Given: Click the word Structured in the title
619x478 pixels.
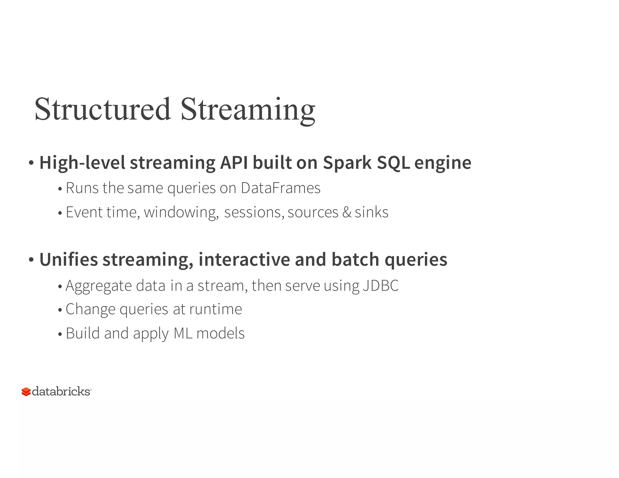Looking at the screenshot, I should [103, 109].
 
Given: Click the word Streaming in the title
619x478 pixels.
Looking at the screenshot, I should [248, 109].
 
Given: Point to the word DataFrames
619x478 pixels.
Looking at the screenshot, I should [280, 188].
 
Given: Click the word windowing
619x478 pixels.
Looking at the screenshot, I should [181, 212].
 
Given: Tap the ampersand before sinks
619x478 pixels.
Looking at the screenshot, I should [347, 212].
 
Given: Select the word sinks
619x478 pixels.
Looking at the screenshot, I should [371, 212].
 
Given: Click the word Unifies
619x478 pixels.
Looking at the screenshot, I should [69, 260].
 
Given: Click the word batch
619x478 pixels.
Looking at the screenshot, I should [355, 260].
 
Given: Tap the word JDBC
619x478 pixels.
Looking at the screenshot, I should [381, 286].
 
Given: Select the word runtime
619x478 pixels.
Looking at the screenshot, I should [216, 309].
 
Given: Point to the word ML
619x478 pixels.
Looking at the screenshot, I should [183, 333].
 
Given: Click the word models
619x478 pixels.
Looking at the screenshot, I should [220, 333].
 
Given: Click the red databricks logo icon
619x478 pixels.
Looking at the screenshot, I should [26, 392].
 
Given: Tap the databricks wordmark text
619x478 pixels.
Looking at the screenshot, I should [61, 392].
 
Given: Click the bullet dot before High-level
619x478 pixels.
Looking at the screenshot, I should [31, 163].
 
